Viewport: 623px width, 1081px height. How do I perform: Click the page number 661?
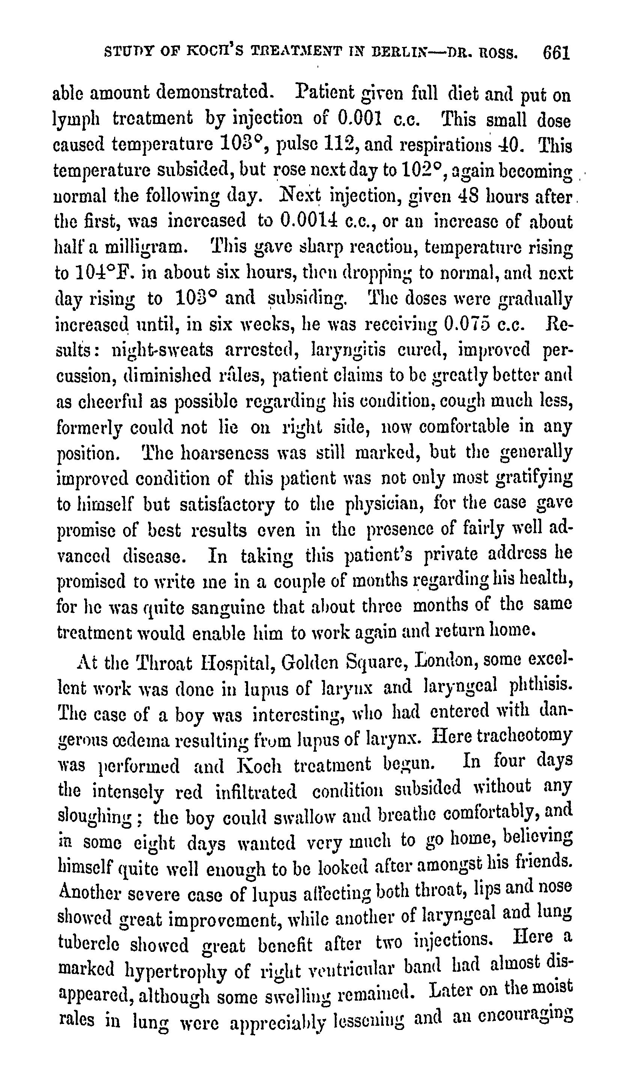click(x=557, y=53)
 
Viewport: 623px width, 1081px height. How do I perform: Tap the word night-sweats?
click(x=162, y=350)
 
